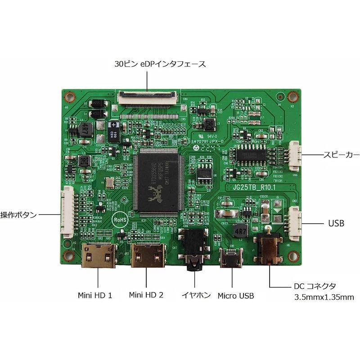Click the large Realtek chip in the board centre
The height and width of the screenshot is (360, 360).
point(157,180)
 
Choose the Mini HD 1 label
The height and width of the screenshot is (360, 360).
point(95,295)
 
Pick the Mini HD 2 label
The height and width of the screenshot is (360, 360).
point(146,295)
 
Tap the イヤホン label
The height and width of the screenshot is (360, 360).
point(196,295)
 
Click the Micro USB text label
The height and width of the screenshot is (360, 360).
point(236,296)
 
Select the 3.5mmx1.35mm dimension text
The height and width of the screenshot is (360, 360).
point(324,297)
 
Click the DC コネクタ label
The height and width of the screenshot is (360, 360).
point(315,286)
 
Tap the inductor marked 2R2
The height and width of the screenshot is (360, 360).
point(84,161)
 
